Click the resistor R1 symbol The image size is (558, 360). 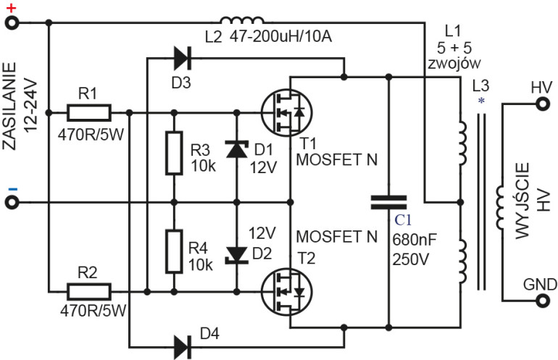[89, 112]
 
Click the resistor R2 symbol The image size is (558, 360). [89, 292]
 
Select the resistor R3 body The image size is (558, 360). [174, 153]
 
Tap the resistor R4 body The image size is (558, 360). [174, 251]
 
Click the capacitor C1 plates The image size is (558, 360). [389, 202]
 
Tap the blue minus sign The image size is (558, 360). [11, 189]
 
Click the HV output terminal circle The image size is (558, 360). [541, 104]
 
